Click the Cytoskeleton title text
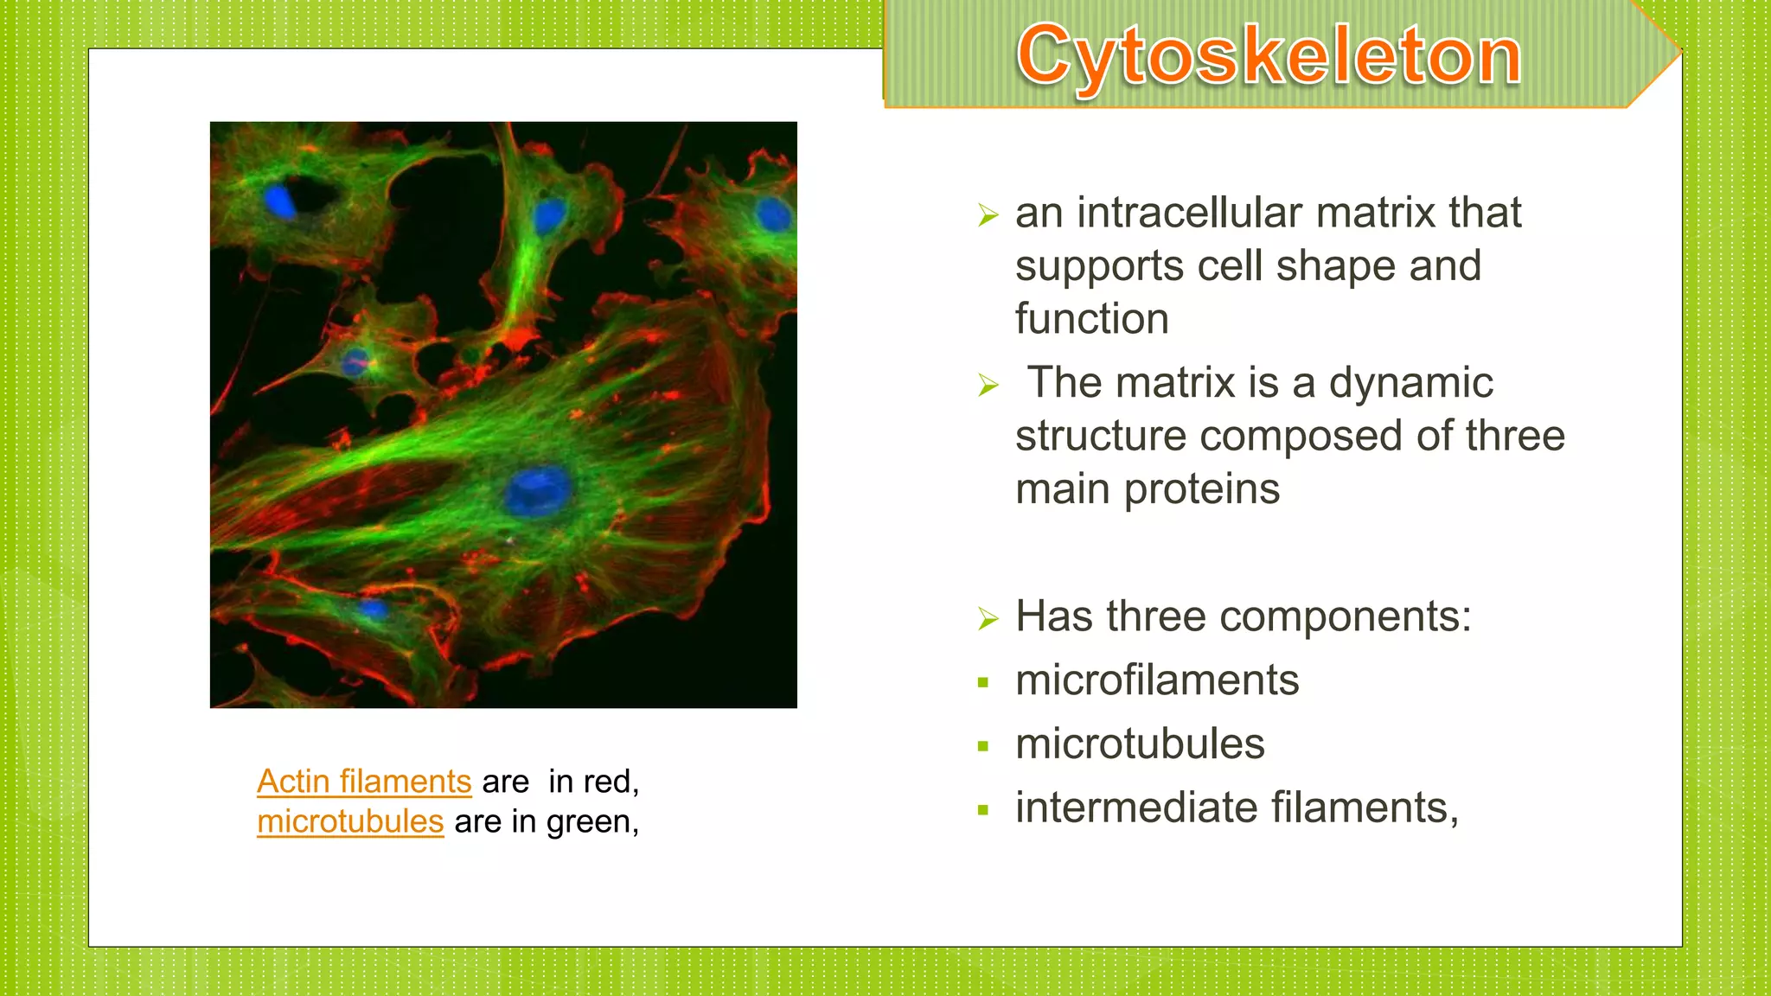(1269, 56)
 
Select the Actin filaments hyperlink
(364, 782)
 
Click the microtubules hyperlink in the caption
(350, 821)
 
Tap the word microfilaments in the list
(1157, 680)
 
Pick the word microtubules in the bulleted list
(1140, 744)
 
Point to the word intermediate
(1136, 808)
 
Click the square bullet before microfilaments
(983, 683)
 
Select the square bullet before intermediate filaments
(983, 810)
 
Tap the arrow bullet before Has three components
(988, 619)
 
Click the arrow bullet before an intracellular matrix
(988, 214)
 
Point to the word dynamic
(1410, 383)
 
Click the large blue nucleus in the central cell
(538, 490)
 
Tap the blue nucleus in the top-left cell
(279, 202)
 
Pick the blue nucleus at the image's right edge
(773, 214)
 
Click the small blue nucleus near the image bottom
(374, 610)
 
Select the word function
(1091, 319)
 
